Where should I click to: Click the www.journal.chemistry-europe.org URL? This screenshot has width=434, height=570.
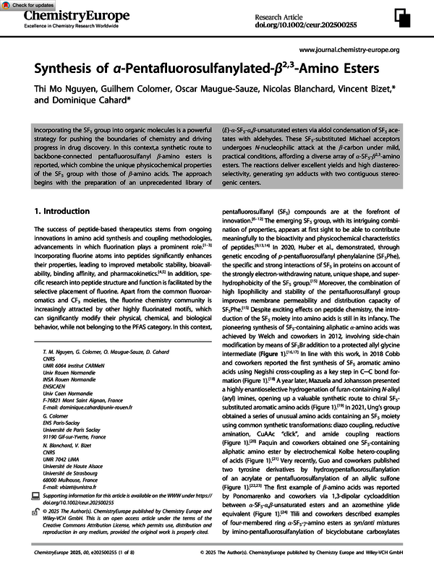click(349, 50)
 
